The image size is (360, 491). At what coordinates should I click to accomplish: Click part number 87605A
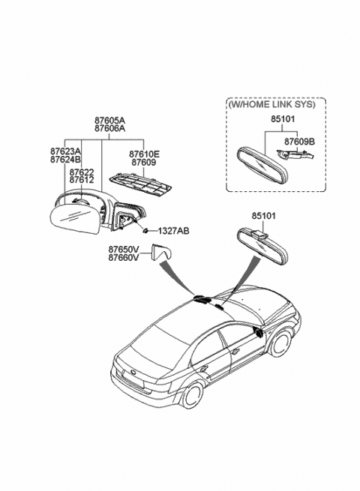(109, 120)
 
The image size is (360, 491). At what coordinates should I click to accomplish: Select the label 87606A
(109, 128)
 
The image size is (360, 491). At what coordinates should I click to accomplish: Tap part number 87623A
(65, 151)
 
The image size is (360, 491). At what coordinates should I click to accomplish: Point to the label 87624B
(65, 160)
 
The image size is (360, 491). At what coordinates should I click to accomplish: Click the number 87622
(82, 172)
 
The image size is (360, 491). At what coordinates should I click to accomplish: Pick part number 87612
(82, 180)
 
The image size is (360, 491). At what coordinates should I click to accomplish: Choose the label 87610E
(145, 154)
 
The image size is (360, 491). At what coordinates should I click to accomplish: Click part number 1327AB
(173, 232)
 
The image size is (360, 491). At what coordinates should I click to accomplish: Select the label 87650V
(124, 250)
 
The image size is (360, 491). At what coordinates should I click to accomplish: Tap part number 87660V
(124, 257)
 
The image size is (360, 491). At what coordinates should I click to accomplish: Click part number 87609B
(299, 142)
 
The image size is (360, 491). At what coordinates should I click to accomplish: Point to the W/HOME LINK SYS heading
(271, 104)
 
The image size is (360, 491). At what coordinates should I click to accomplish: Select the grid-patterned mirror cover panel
(140, 185)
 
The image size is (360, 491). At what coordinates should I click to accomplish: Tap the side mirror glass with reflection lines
(75, 218)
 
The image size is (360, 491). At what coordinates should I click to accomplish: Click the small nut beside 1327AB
(145, 231)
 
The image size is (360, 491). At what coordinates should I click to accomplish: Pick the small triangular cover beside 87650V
(160, 253)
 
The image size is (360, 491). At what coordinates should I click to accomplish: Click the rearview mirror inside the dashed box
(262, 165)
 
